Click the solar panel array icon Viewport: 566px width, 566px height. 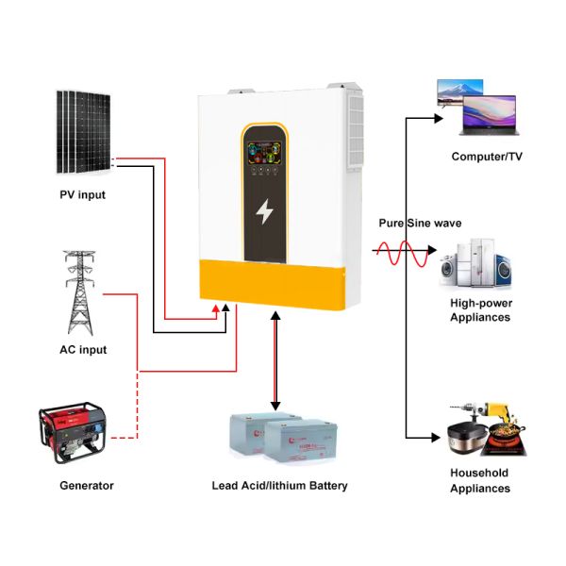pos(82,131)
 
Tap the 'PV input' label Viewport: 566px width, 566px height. pos(82,195)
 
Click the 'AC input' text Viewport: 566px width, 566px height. pos(82,350)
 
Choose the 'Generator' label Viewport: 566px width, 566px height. pos(86,486)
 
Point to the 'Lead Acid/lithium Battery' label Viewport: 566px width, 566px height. pos(279,486)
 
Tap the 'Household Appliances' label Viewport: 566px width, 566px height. pos(480,480)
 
